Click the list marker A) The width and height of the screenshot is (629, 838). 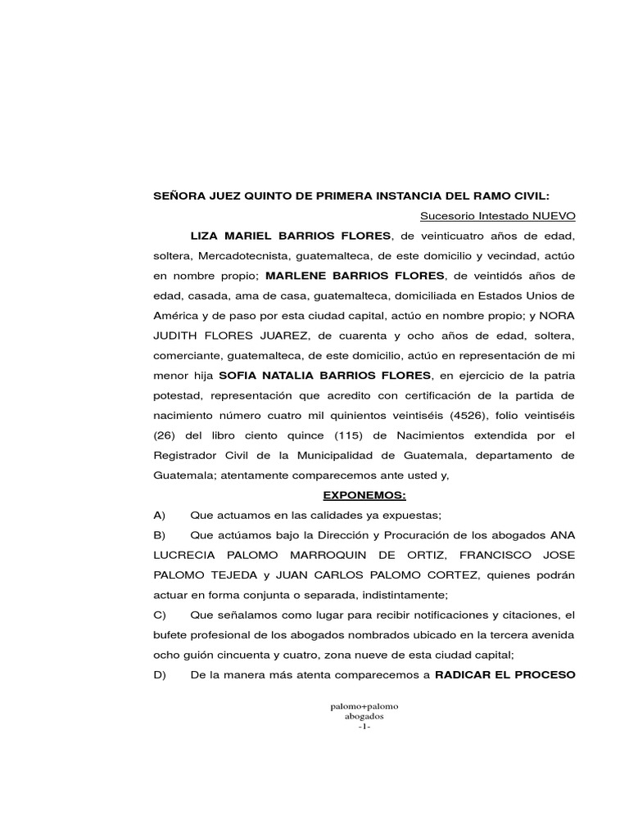pyautogui.click(x=160, y=515)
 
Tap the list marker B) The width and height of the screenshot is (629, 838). pyautogui.click(x=160, y=535)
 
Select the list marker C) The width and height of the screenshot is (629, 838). pyautogui.click(x=160, y=615)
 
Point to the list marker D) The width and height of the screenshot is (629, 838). pyautogui.click(x=160, y=674)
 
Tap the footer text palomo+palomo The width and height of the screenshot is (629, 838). pyautogui.click(x=364, y=705)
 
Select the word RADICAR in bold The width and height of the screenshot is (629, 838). pyautogui.click(x=465, y=674)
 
